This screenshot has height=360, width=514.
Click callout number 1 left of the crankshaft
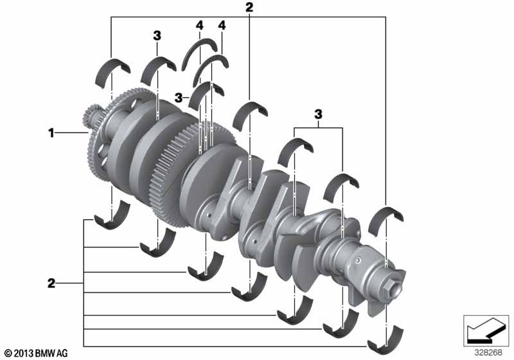coord(51,133)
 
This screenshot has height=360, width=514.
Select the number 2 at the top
coord(249,7)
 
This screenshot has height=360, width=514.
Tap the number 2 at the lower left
coord(51,283)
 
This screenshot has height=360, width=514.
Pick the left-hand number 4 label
coord(200,25)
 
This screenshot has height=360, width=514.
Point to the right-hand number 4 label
coord(222,25)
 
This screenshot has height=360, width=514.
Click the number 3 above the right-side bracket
coord(318,114)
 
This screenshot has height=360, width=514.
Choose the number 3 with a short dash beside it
coord(179,97)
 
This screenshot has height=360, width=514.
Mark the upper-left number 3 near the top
coord(157,36)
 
